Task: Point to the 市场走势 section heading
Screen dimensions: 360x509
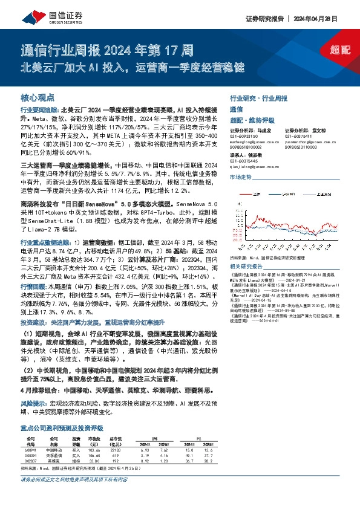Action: point(240,177)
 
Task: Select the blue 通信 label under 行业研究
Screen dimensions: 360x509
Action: point(236,109)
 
